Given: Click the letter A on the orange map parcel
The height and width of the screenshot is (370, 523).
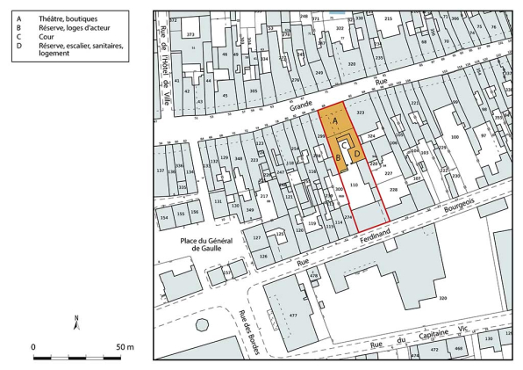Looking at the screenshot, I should point(333,120).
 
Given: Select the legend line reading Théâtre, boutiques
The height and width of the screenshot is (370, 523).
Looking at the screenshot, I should point(67,18).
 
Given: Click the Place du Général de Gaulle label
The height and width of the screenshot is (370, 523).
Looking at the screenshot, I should point(201,243).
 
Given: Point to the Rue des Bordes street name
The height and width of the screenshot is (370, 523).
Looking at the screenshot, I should point(247,332).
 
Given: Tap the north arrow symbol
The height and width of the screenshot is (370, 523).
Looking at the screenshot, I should point(77,323).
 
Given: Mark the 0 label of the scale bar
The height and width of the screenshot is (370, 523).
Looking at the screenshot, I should point(33,347).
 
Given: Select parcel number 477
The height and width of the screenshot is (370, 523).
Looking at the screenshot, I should point(294,314).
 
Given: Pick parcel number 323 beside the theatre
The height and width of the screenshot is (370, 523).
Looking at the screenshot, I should point(360,114).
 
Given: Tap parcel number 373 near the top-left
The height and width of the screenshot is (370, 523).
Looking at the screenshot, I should point(190,34).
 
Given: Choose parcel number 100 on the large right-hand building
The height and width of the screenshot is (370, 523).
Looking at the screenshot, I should point(455,137).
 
